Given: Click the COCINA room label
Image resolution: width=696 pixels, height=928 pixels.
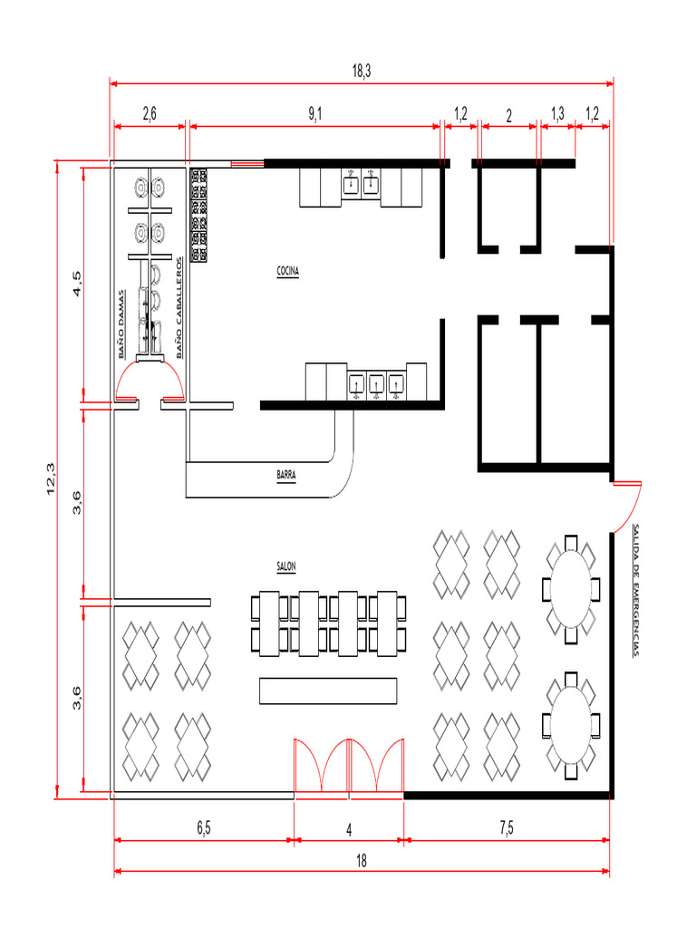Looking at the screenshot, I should point(288,271).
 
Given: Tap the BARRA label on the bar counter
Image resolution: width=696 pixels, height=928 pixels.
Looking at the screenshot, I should point(286,473).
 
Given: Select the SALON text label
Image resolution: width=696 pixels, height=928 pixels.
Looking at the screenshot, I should point(286,566).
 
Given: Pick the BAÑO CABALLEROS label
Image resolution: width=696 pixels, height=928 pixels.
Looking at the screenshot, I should point(179,306).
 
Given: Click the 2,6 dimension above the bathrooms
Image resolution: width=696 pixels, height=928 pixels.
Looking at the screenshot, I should point(150,114).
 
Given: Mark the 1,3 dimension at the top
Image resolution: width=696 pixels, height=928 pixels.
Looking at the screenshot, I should point(558,114).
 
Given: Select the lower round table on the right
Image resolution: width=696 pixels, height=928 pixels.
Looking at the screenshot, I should point(570,726).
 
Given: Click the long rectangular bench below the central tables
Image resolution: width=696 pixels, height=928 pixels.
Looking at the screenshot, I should point(328,691).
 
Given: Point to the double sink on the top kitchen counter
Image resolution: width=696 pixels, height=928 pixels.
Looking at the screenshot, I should point(360,183).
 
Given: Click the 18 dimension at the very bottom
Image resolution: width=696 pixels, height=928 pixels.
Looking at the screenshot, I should point(361,860).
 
